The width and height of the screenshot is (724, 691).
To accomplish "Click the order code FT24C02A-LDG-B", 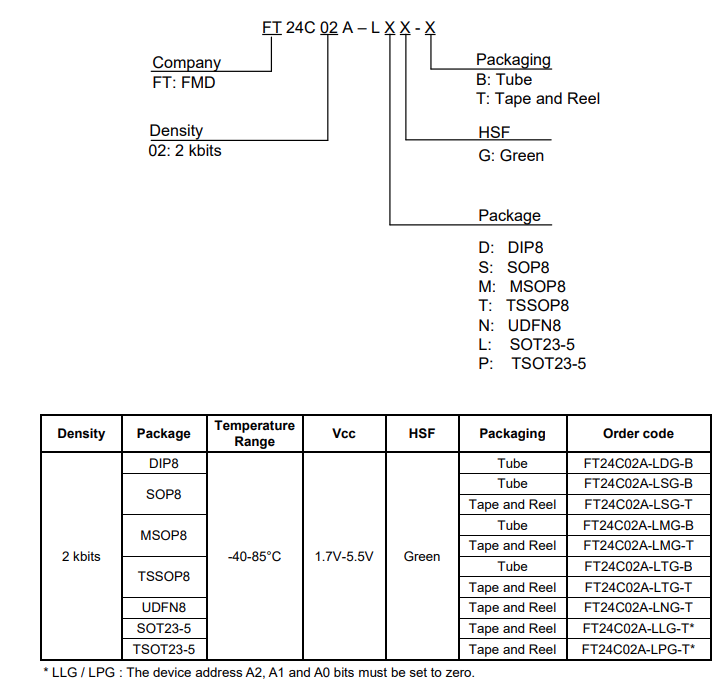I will pyautogui.click(x=638, y=463).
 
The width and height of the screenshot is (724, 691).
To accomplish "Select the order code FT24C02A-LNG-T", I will pyautogui.click(x=638, y=608).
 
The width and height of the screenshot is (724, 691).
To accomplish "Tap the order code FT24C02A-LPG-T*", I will pyautogui.click(x=638, y=649).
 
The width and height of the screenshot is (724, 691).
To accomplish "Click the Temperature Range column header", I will pyautogui.click(x=255, y=433).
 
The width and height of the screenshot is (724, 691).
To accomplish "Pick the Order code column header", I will pyautogui.click(x=638, y=433).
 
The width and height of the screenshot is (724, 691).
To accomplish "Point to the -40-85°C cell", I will pyautogui.click(x=255, y=556).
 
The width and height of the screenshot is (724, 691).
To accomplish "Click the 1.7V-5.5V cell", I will pyautogui.click(x=343, y=556).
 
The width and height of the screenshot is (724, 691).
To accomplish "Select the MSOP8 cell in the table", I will pyautogui.click(x=163, y=535).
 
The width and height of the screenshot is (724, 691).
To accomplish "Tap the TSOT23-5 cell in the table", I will pyautogui.click(x=163, y=649).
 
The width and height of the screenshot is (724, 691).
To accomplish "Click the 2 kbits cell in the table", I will pyautogui.click(x=81, y=556).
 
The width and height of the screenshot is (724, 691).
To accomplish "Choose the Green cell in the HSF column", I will pyautogui.click(x=421, y=556).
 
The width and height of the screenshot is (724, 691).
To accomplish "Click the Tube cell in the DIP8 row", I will pyautogui.click(x=512, y=463).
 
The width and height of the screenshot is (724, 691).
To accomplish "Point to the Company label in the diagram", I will pyautogui.click(x=186, y=63).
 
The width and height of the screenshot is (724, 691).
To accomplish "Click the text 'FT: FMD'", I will pyautogui.click(x=183, y=82).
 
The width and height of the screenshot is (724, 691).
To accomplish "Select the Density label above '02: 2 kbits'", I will pyautogui.click(x=176, y=131).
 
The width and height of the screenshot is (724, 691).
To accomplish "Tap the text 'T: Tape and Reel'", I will pyautogui.click(x=538, y=98).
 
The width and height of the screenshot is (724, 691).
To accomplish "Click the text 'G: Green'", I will pyautogui.click(x=511, y=155).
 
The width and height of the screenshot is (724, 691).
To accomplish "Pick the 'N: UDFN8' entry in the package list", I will pyautogui.click(x=520, y=325).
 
